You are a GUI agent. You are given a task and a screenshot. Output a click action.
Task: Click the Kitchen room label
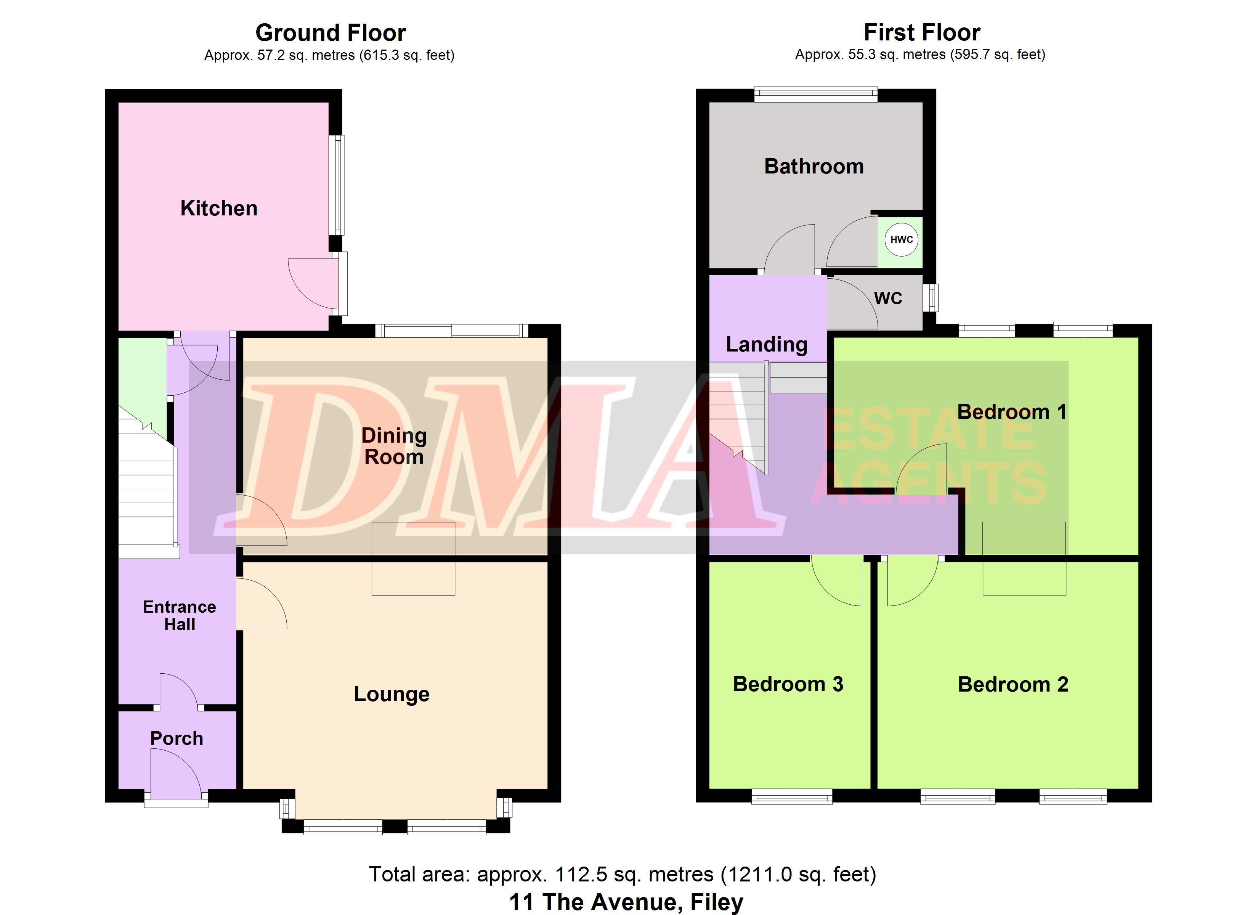tap(219, 209)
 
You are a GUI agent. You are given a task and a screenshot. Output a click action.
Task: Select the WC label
tap(888, 299)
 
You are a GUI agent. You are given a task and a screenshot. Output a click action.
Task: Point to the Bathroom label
tap(814, 167)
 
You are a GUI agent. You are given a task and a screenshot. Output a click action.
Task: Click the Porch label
tap(177, 738)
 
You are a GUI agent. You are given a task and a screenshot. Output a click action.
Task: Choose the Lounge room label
tap(392, 694)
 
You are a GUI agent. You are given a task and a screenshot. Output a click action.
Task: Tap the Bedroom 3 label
tap(788, 684)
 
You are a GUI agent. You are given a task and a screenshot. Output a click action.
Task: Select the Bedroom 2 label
tap(1013, 685)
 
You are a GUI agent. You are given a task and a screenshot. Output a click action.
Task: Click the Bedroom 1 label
tap(1012, 412)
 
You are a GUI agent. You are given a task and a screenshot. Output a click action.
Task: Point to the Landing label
tap(767, 345)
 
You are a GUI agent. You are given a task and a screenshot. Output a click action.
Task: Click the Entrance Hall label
tap(179, 615)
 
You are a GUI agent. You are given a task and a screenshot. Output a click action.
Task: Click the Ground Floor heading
tap(331, 33)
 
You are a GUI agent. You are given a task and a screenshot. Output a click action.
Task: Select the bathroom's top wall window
tap(816, 94)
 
